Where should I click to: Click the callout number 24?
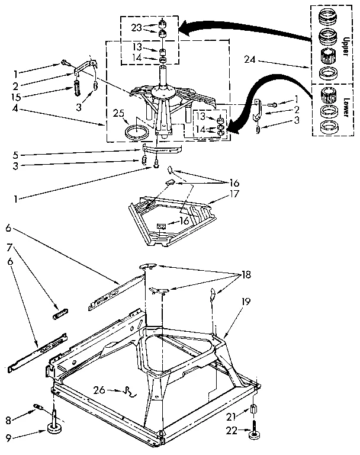pyautogui.click(x=250, y=59)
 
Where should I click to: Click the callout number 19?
pyautogui.click(x=245, y=301)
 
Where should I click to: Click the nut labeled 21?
pyautogui.click(x=253, y=409)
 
